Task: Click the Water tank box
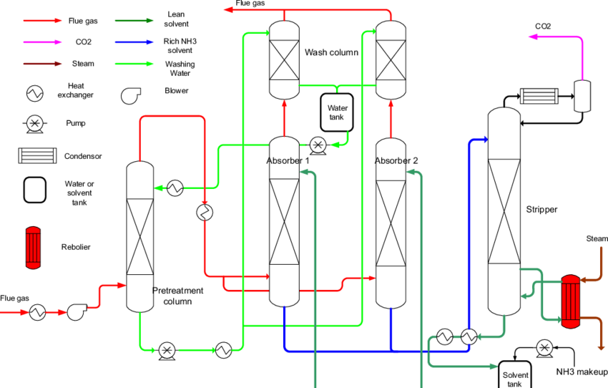(x=336, y=112)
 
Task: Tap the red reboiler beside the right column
(x=570, y=301)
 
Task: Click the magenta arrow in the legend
(x=42, y=42)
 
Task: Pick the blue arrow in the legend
(x=134, y=42)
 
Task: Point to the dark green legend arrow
(x=134, y=21)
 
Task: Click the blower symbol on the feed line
(x=77, y=312)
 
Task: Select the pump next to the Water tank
(x=317, y=145)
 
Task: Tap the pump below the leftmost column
(x=167, y=349)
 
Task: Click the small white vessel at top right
(x=582, y=96)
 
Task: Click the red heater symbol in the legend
(x=33, y=248)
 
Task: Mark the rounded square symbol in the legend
(x=35, y=190)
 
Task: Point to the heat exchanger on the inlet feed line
(x=37, y=312)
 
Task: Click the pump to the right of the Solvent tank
(x=544, y=348)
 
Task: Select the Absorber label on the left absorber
(x=283, y=161)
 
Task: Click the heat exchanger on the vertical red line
(x=205, y=213)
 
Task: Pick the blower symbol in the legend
(x=130, y=95)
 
